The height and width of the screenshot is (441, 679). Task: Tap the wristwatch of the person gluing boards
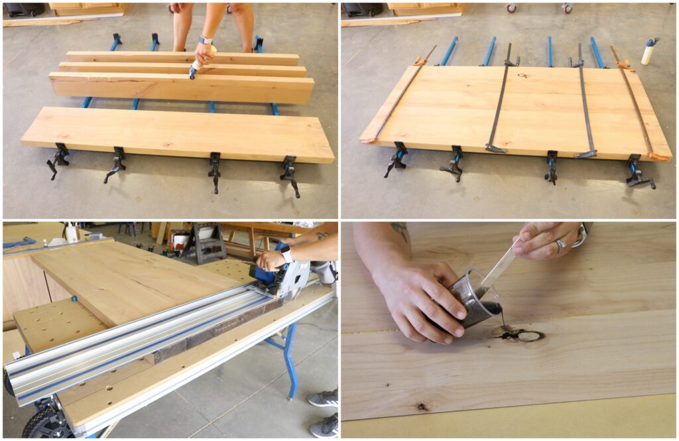point(206,40)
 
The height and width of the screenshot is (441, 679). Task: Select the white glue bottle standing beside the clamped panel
point(648,52)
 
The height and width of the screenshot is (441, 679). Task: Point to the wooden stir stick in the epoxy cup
point(498,265)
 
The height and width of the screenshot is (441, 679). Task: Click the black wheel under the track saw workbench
point(40,424)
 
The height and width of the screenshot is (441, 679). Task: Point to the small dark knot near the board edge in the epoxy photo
point(421,406)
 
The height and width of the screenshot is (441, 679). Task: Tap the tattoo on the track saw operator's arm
point(322,235)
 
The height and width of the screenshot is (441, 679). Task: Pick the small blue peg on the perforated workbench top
point(74,300)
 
